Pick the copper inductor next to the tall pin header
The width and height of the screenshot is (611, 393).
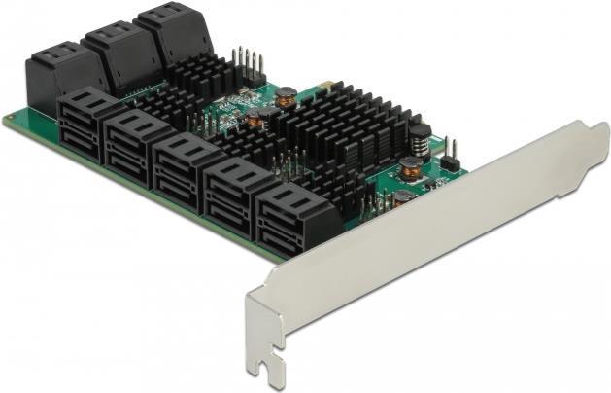coord(286,96)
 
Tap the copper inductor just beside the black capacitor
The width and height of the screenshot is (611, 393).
coord(411,168)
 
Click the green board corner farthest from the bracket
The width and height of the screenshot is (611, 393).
coord(9,121)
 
